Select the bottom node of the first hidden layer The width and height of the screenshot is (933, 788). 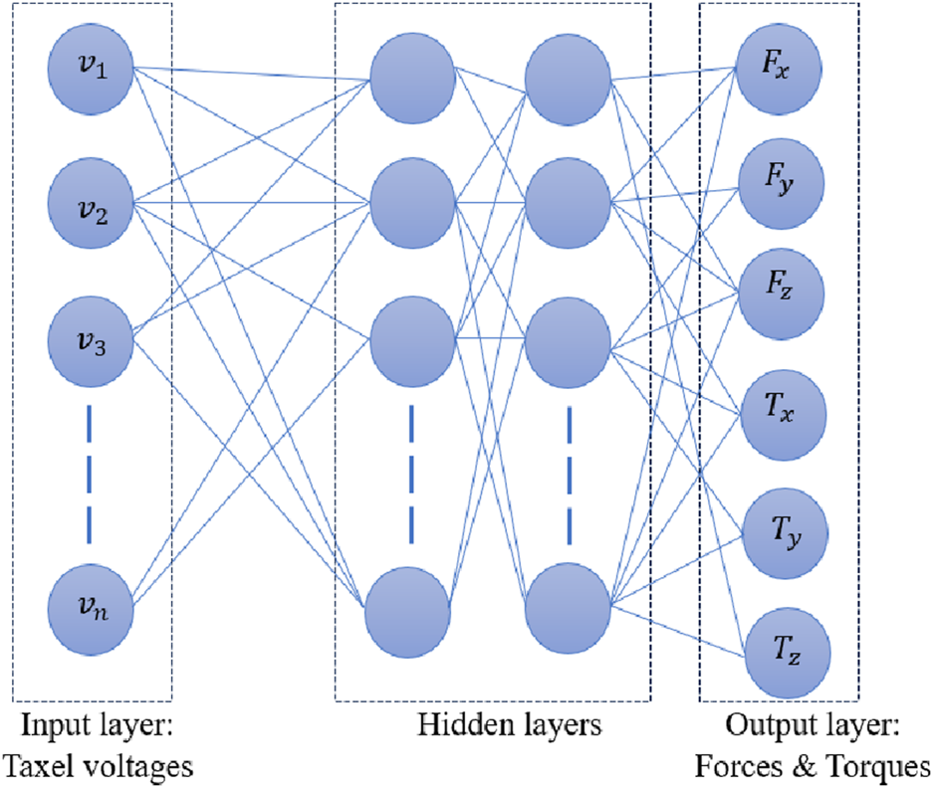click(x=407, y=608)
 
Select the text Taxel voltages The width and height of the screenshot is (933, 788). click(x=98, y=765)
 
